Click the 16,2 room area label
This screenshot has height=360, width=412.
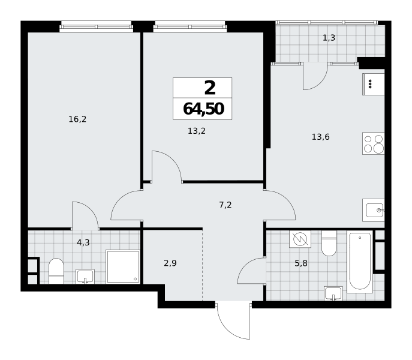pyautogui.click(x=77, y=119)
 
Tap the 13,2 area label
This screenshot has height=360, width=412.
pyautogui.click(x=197, y=131)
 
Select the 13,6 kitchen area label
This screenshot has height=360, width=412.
pyautogui.click(x=321, y=137)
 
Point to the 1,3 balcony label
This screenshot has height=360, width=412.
pyautogui.click(x=329, y=38)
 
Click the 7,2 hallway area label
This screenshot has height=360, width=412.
pyautogui.click(x=225, y=205)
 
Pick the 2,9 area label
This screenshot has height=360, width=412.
pyautogui.click(x=170, y=263)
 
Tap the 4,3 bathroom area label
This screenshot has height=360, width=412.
pyautogui.click(x=83, y=242)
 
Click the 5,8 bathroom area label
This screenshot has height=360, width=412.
pyautogui.click(x=301, y=263)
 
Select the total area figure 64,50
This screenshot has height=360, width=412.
pyautogui.click(x=203, y=109)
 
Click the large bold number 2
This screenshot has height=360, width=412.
pyautogui.click(x=210, y=88)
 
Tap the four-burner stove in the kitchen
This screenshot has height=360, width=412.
pyautogui.click(x=374, y=143)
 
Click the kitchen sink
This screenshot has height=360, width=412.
pyautogui.click(x=374, y=210)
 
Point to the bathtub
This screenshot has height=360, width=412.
pyautogui.click(x=360, y=262)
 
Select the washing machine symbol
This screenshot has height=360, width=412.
pyautogui.click(x=300, y=239)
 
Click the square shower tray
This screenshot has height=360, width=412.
pyautogui.click(x=123, y=266)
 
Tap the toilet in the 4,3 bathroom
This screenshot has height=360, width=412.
pyautogui.click(x=56, y=271)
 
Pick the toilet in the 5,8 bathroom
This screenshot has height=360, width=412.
pyautogui.click(x=329, y=243)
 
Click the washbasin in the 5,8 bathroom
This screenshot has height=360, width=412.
pyautogui.click(x=333, y=293)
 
